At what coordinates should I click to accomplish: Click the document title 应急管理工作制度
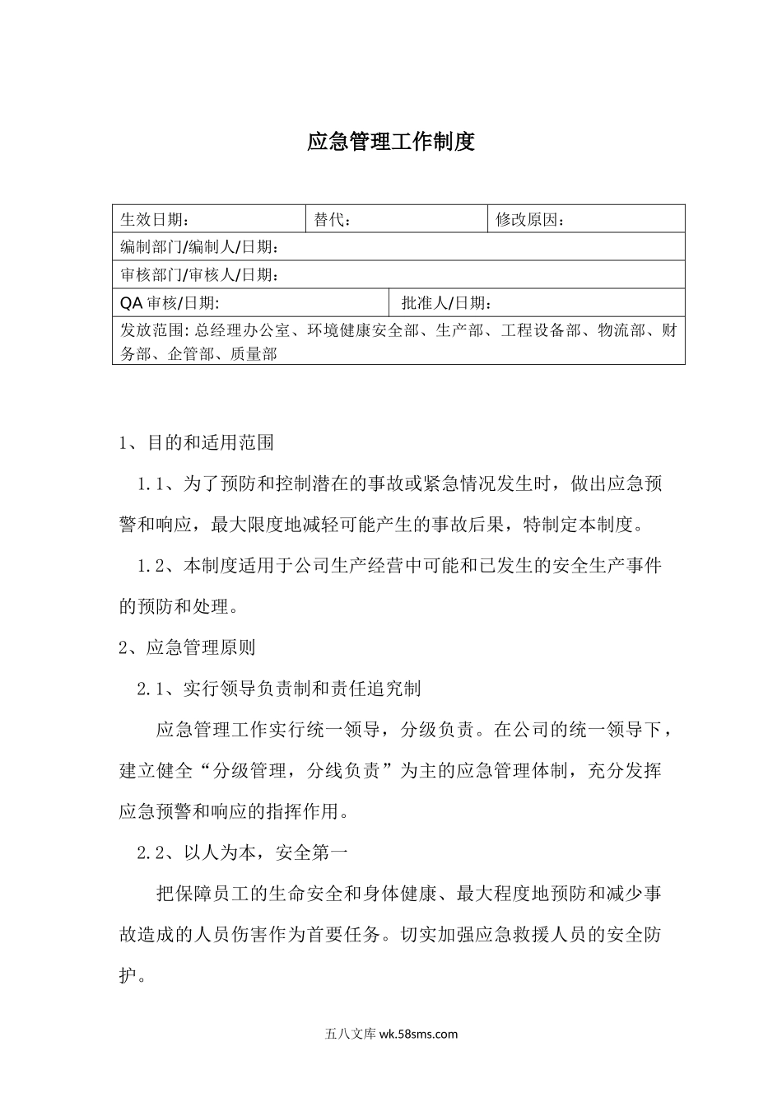tap(391, 142)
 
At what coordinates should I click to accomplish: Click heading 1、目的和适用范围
tap(197, 442)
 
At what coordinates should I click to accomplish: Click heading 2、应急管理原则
tap(188, 647)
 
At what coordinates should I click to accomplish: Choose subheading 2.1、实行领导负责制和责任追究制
tap(279, 689)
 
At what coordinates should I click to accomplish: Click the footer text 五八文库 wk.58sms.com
tap(391, 1034)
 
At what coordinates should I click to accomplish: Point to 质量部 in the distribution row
tap(254, 354)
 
